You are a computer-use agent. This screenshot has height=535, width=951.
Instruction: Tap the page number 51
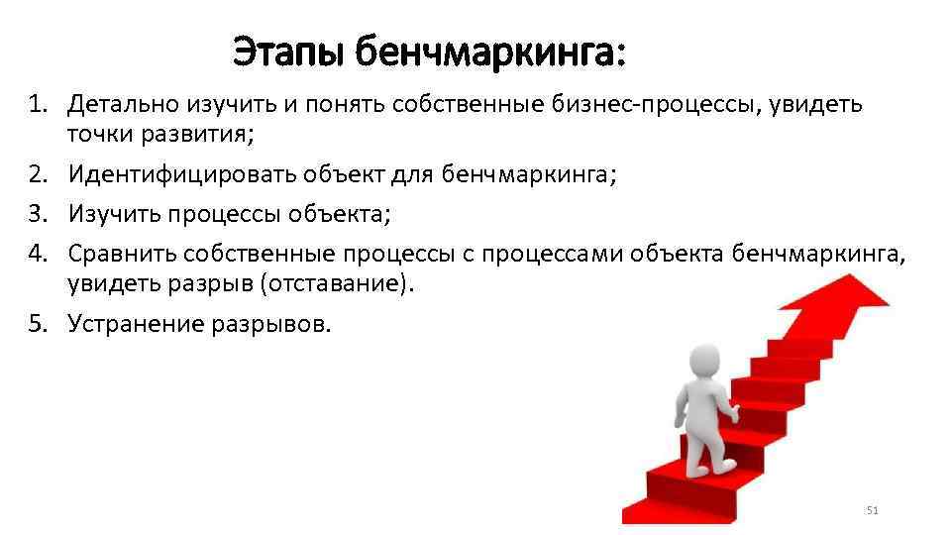(872, 510)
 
